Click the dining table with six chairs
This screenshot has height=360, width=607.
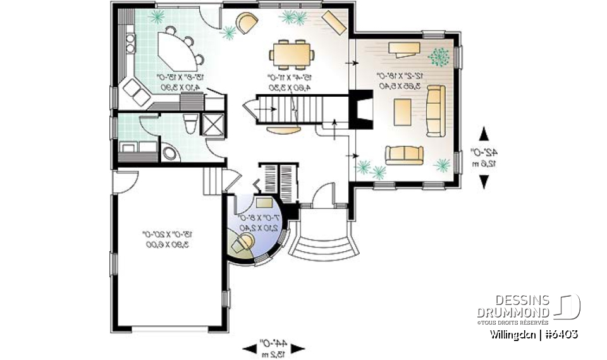tap(292, 53)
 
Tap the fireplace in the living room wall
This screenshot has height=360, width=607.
tap(360, 111)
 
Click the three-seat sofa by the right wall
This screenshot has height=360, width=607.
tap(434, 111)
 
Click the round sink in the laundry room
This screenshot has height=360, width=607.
tap(170, 152)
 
